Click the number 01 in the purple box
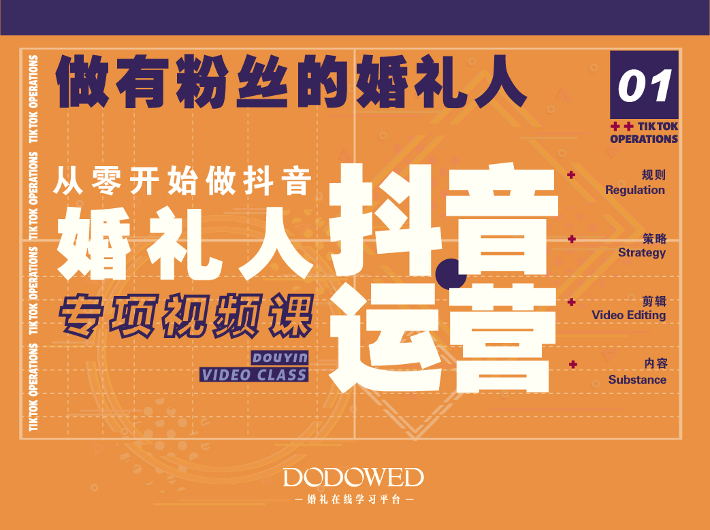pos(645,86)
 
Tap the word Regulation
pos(635,190)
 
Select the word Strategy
pos(642,252)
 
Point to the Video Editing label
pos(628,315)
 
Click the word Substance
pos(637,380)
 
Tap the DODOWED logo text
pos(354,478)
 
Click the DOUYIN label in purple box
pos(280,358)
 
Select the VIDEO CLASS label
pos(254,375)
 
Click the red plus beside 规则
pos(571,175)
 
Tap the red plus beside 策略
pos(571,239)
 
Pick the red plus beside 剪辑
pos(571,302)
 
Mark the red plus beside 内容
pos(572,365)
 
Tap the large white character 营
pos(502,339)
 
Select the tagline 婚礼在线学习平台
pos(354,499)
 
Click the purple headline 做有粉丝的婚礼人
pos(291,82)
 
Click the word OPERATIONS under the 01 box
pos(644,139)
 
